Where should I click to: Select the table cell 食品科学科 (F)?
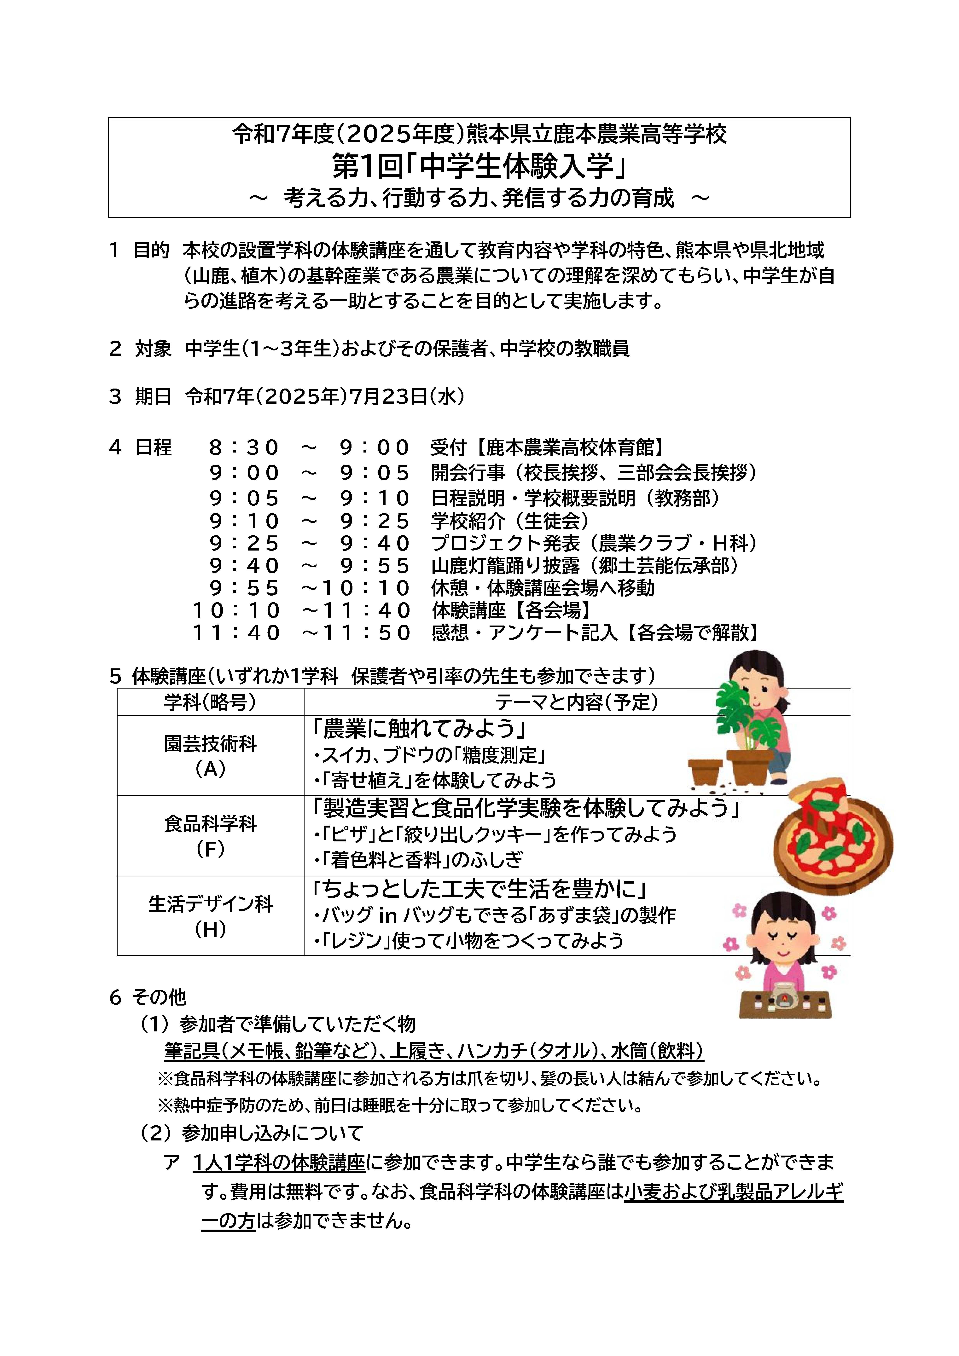point(210,836)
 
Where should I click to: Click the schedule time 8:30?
point(243,448)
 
